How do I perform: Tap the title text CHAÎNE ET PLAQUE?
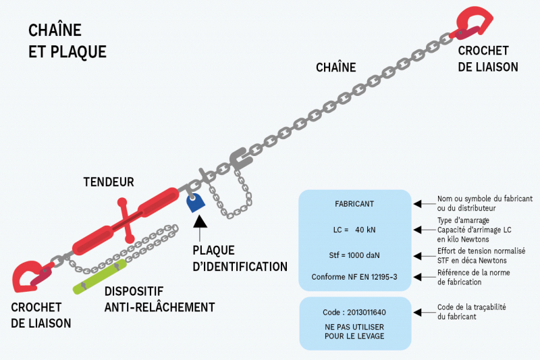tap(67, 41)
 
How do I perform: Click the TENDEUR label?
tap(109, 182)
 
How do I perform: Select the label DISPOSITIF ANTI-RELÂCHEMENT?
tap(159, 300)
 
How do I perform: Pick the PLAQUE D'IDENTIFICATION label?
tap(240, 257)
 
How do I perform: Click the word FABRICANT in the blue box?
tap(354, 203)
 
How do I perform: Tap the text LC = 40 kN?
tap(354, 230)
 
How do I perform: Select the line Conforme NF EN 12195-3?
tap(354, 277)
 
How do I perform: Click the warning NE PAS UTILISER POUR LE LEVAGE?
tap(354, 331)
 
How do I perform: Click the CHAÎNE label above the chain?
tap(335, 67)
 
